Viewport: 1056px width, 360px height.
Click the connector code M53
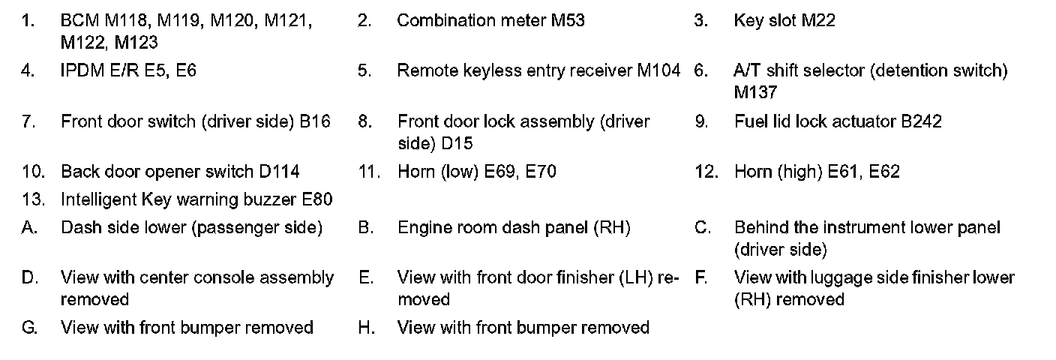pos(568,21)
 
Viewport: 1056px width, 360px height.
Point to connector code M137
pos(755,93)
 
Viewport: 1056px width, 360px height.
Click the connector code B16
pos(315,121)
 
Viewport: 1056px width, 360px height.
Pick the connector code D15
pos(457,143)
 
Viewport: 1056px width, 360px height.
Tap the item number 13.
pos(32,199)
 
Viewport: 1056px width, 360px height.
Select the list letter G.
pos(29,328)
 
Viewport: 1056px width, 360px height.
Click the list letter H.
pos(366,328)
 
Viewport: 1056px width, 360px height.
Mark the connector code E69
pos(499,172)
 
